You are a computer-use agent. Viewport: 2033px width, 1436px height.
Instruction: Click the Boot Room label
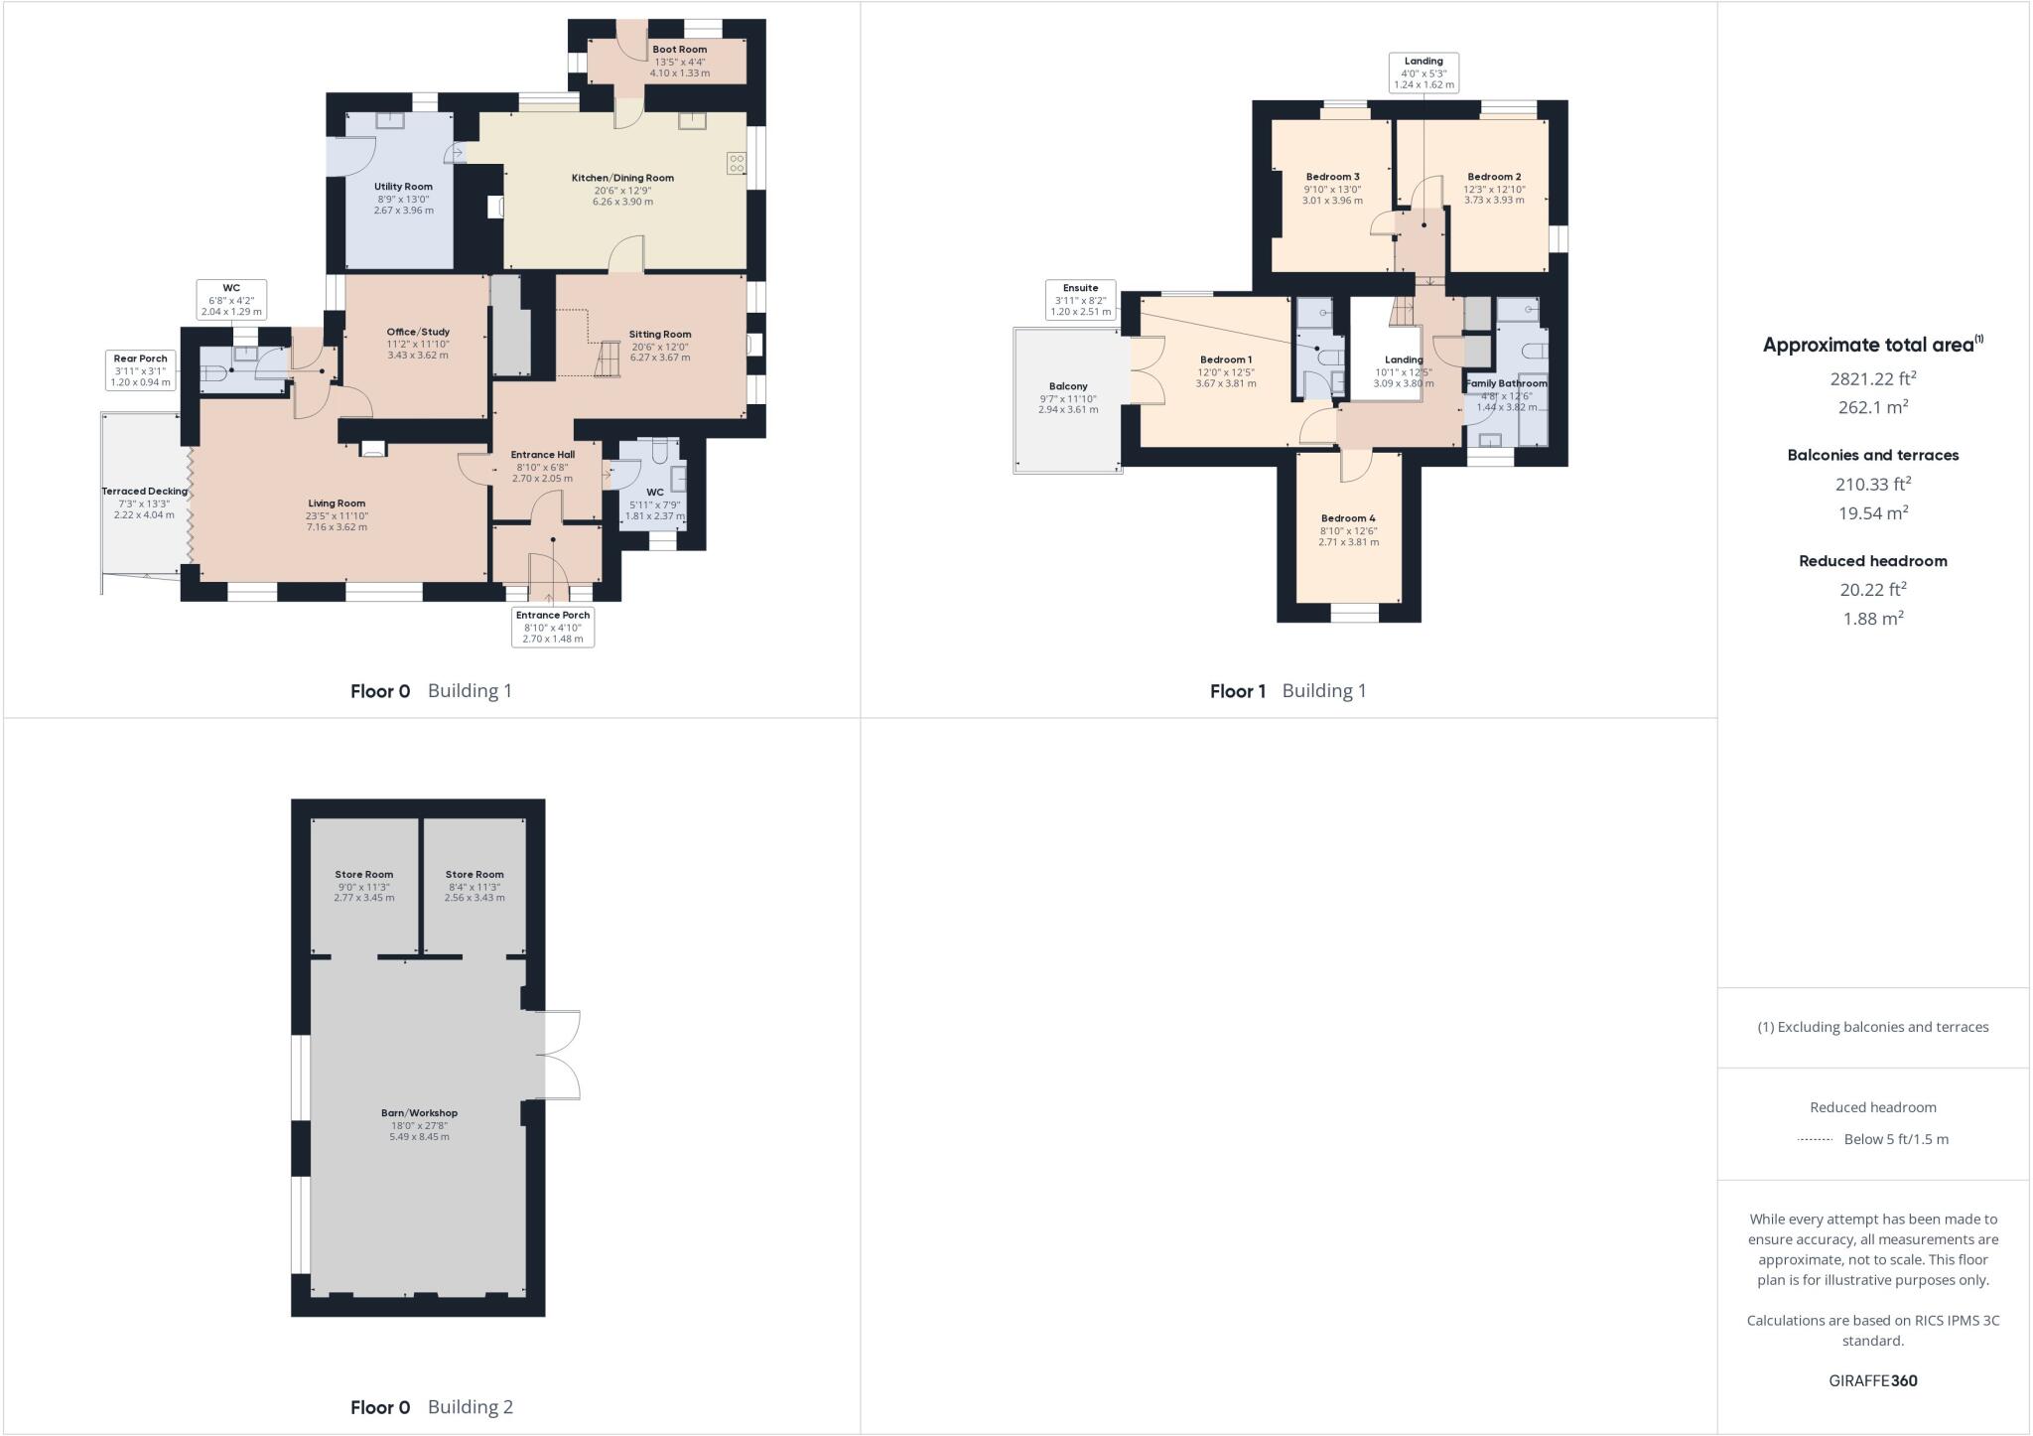tap(680, 50)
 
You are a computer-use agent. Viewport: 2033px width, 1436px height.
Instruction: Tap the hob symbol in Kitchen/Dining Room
tap(737, 164)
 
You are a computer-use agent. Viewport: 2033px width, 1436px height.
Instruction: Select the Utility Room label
tap(403, 187)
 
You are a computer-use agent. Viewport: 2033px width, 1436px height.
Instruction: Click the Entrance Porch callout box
tap(553, 627)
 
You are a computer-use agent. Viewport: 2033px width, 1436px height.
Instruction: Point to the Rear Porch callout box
tap(140, 369)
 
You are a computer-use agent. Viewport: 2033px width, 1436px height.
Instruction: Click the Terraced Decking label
tap(144, 492)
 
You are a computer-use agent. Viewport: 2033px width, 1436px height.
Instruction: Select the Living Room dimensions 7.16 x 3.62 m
tap(337, 527)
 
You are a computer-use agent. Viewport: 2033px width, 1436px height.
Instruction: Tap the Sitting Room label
tap(660, 335)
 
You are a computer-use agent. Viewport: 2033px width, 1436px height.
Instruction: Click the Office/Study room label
tap(418, 332)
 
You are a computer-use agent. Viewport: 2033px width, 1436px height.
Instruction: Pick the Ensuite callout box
tap(1081, 300)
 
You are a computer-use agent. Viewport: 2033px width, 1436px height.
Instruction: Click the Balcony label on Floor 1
tap(1068, 386)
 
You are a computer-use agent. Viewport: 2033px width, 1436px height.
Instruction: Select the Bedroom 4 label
tap(1348, 518)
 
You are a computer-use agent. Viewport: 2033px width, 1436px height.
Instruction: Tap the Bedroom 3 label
tap(1332, 177)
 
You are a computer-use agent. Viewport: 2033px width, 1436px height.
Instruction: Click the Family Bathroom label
tap(1506, 383)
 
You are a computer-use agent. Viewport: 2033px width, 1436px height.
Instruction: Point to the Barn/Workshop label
tap(419, 1113)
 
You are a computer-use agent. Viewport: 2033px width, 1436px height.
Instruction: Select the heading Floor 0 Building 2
tap(431, 1407)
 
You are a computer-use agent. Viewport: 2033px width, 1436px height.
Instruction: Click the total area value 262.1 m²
tap(1873, 407)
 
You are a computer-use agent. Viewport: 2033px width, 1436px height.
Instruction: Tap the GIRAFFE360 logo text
tap(1873, 1380)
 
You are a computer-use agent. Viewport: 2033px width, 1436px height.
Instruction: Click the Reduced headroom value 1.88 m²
tap(1873, 618)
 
